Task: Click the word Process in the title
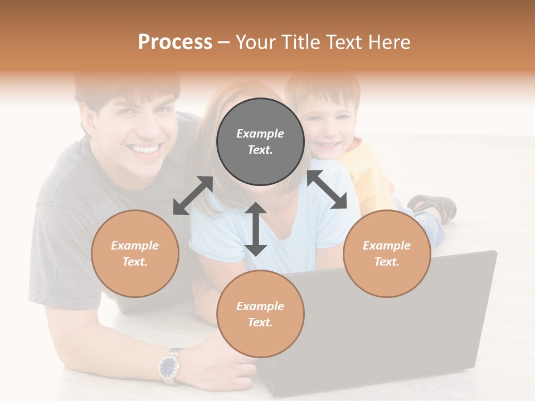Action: click(x=175, y=42)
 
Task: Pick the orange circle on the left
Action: click(x=135, y=253)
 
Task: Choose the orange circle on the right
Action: click(x=387, y=253)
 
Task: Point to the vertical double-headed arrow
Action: click(x=256, y=229)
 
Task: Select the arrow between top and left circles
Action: click(x=193, y=195)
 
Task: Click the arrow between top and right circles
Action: click(x=327, y=189)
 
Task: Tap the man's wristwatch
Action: click(x=169, y=366)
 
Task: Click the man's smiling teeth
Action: click(x=144, y=149)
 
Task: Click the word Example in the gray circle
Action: click(x=260, y=134)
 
